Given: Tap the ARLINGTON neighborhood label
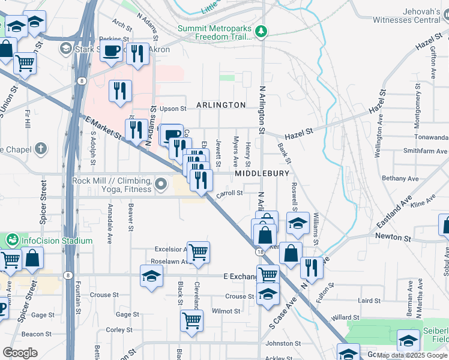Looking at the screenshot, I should click(x=221, y=105).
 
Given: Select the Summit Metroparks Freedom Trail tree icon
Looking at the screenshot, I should click(x=261, y=31).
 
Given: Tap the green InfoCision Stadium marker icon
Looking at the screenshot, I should click(x=12, y=241).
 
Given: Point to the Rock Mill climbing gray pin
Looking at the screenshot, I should click(x=160, y=184).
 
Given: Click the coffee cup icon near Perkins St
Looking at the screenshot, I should click(x=112, y=52).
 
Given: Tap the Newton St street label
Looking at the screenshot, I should click(x=393, y=238).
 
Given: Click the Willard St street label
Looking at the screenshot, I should click(x=345, y=317).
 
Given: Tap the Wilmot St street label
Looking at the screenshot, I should click(x=226, y=311).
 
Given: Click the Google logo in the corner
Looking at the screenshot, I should click(x=20, y=353).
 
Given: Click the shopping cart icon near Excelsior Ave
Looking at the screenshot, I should click(x=197, y=252).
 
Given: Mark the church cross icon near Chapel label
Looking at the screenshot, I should click(x=40, y=148).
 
